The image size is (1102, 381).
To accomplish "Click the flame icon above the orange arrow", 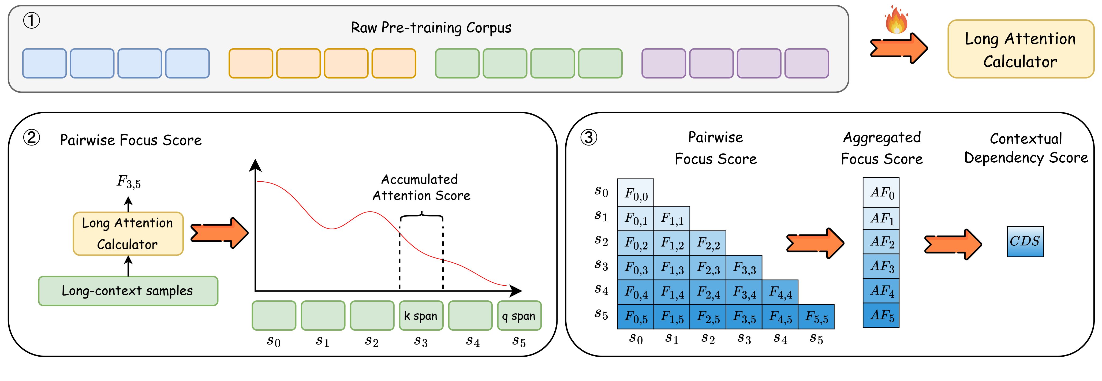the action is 896,20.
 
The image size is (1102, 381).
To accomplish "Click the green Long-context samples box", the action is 128,291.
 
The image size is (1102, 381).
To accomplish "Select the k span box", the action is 421,316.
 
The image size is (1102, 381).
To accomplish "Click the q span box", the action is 519,316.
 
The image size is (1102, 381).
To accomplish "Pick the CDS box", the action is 1025,242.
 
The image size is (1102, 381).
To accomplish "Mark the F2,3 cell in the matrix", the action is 708,268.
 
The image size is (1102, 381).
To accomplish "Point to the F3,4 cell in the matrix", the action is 744,292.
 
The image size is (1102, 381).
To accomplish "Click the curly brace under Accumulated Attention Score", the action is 421,215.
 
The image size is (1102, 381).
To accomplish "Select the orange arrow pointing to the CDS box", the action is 953,244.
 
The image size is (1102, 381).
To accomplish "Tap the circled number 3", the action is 589,138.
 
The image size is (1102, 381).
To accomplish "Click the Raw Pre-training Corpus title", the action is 431,28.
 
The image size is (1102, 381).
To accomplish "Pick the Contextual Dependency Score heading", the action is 1026,148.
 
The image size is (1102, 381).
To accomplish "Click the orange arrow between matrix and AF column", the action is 815,243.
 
